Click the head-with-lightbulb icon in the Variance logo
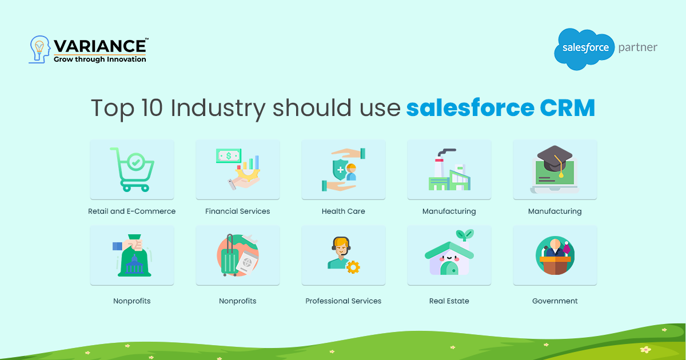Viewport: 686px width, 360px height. (39, 50)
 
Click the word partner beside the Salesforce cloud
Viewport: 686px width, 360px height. (637, 47)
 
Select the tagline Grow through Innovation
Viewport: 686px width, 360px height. (99, 59)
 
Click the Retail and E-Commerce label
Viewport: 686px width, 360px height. (132, 211)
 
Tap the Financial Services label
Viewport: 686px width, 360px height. (238, 211)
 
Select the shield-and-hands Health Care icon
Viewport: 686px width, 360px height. (344, 169)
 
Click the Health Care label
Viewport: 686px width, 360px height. (344, 211)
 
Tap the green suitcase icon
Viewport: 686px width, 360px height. (230, 258)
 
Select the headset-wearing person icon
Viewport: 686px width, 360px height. (341, 255)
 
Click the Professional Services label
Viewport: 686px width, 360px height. (344, 301)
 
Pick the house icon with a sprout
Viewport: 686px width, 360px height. (449, 255)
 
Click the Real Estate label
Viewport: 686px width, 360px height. (449, 301)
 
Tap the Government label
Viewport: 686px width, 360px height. (555, 301)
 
